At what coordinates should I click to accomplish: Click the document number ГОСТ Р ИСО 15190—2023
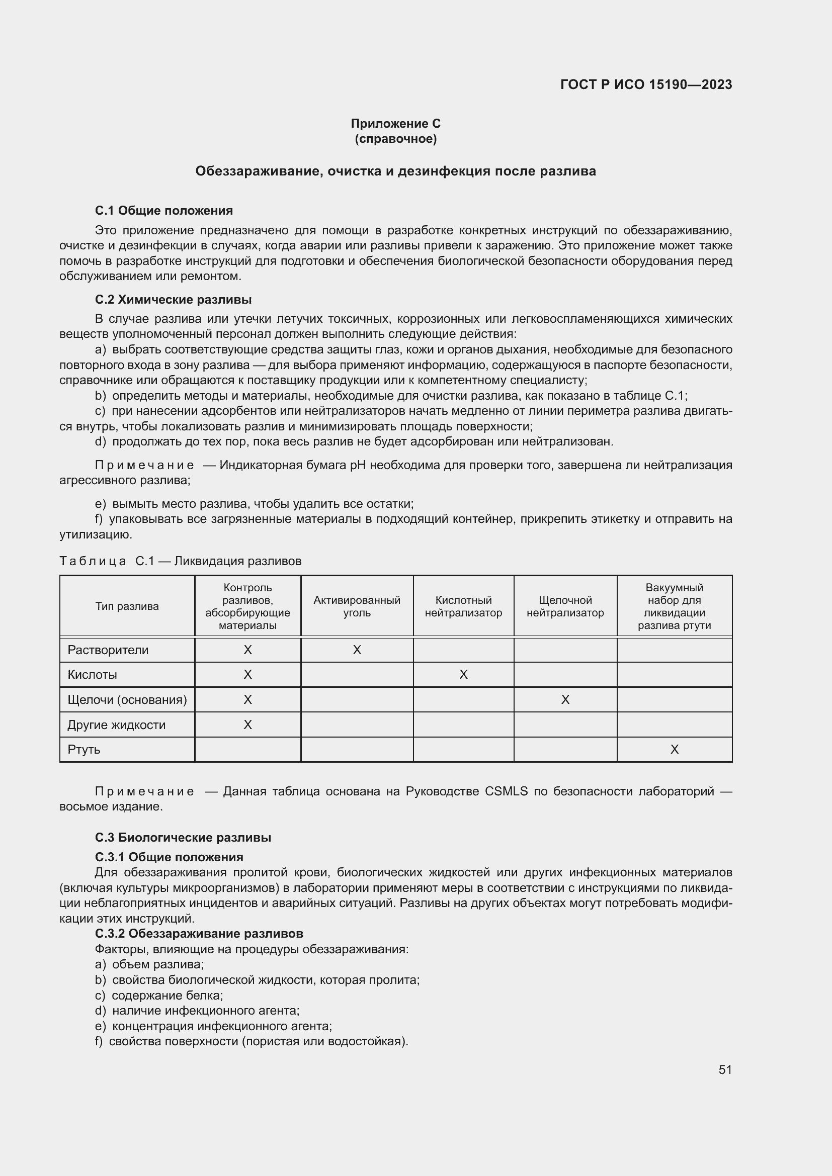point(646,84)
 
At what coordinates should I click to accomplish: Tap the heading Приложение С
point(395,124)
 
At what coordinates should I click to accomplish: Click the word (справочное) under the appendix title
point(395,139)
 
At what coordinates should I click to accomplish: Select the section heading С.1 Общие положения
point(164,211)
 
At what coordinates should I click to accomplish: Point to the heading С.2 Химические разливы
point(173,300)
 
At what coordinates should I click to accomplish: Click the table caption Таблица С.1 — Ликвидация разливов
point(181,561)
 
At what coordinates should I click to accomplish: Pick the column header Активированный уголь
point(357,606)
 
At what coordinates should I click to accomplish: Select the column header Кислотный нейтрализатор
point(463,606)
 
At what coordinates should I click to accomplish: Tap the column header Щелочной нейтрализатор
point(565,606)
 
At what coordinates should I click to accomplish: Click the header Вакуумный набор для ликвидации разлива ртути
point(674,606)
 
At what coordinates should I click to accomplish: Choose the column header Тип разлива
point(127,606)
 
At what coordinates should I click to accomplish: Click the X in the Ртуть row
point(674,750)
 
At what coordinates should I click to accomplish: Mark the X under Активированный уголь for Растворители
point(357,650)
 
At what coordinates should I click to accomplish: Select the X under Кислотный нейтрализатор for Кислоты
point(463,675)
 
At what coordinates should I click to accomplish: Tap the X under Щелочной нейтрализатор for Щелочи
point(565,700)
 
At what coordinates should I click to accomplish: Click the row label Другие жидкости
point(116,725)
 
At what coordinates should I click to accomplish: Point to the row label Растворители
point(108,650)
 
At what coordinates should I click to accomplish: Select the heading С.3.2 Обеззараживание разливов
point(199,933)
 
